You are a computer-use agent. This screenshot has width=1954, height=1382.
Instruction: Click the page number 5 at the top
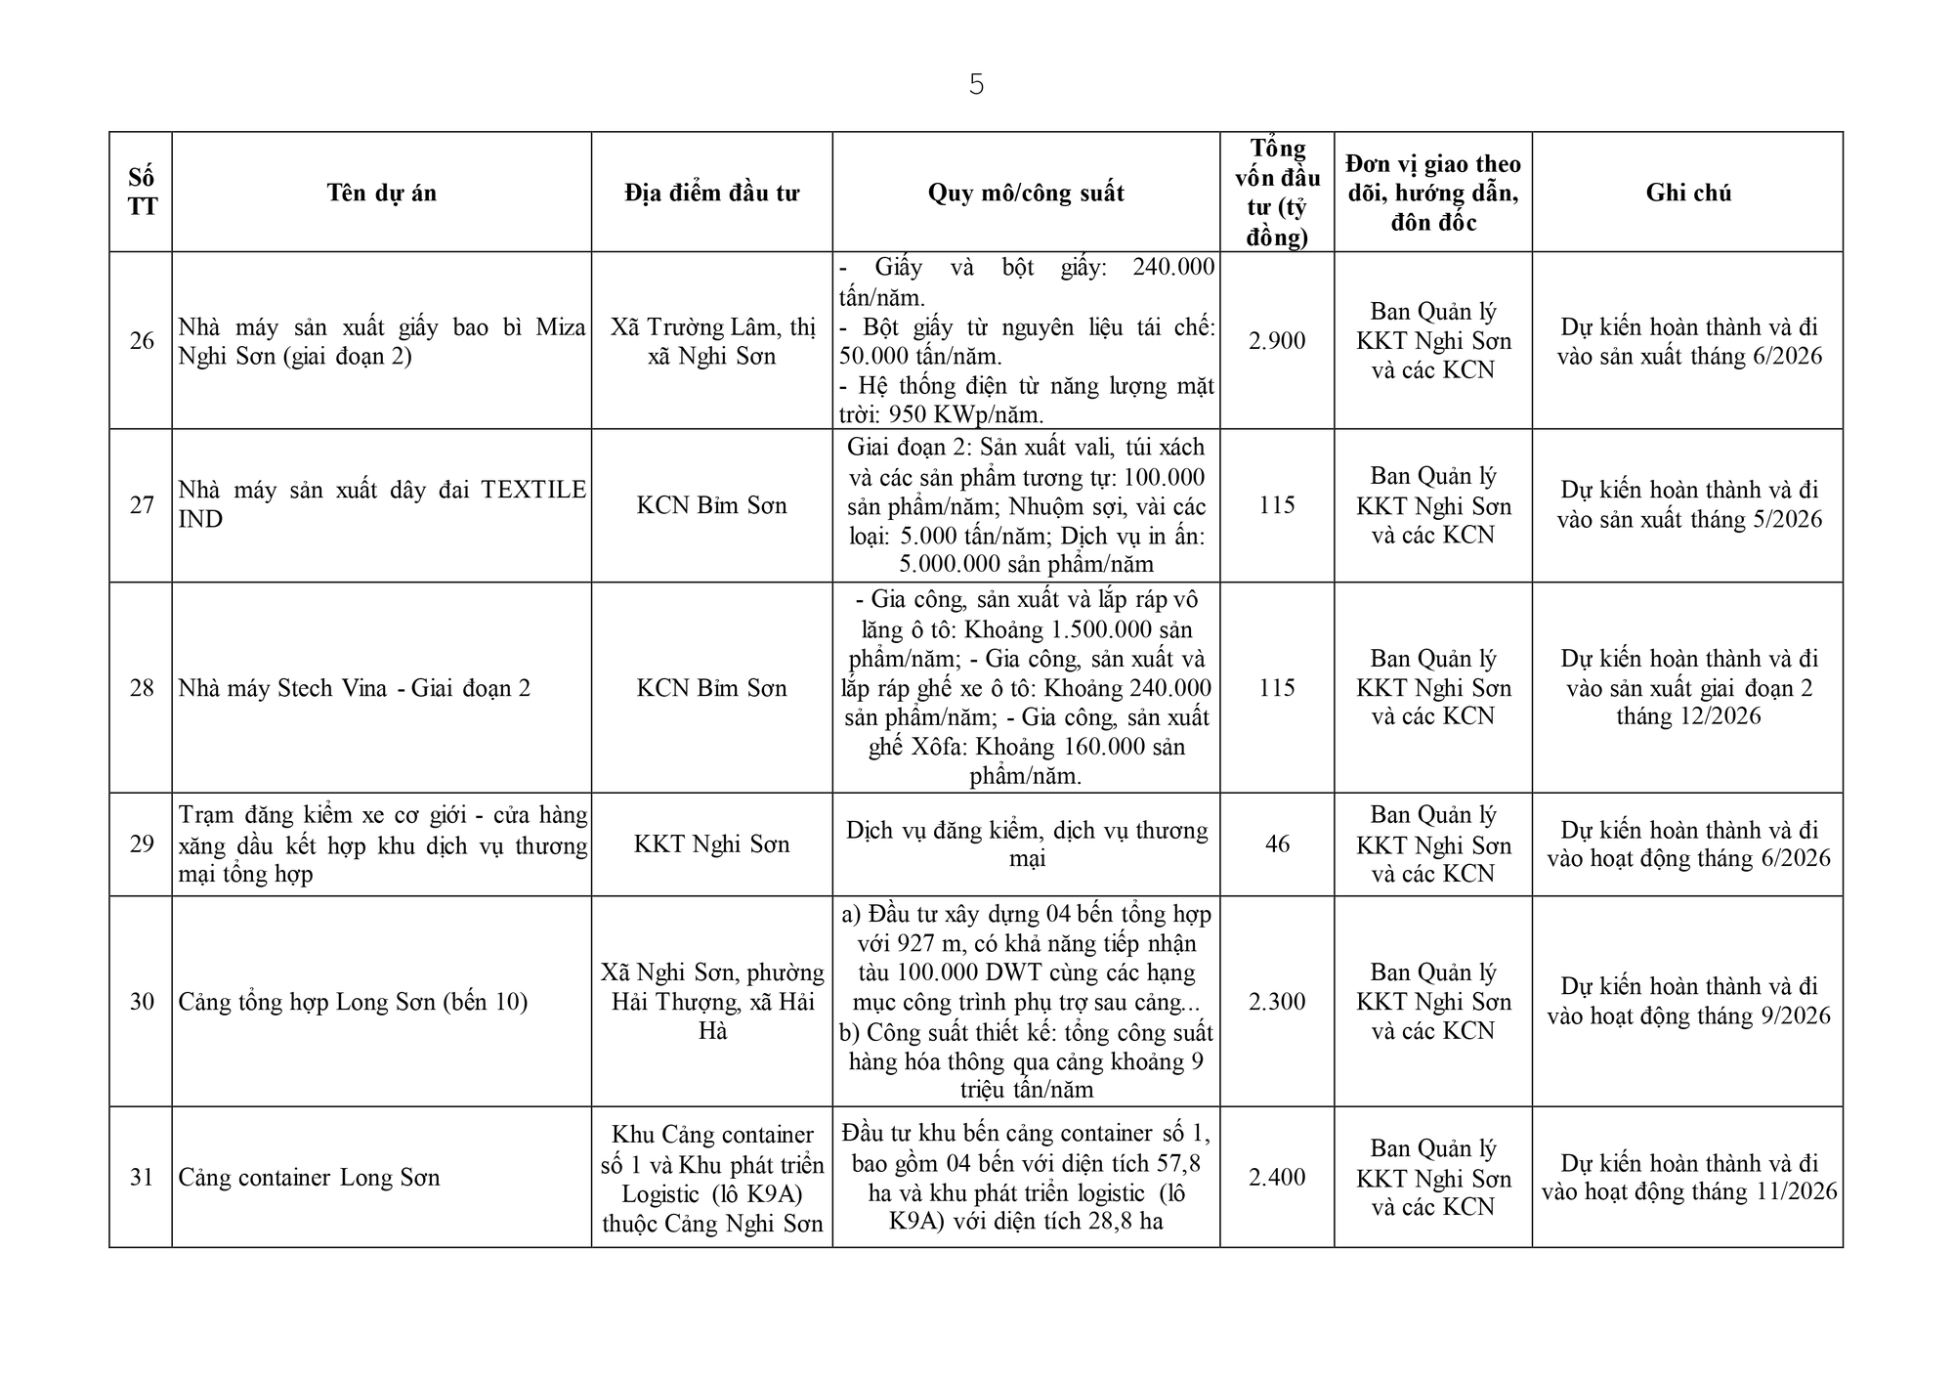pyautogui.click(x=976, y=86)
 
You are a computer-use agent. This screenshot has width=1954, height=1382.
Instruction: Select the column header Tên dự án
pyautogui.click(x=381, y=193)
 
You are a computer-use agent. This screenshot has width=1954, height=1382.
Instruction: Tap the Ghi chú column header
pyautogui.click(x=1687, y=193)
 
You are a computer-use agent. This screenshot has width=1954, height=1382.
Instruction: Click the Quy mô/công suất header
pyautogui.click(x=1025, y=193)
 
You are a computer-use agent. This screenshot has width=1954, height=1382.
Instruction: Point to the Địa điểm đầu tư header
pyautogui.click(x=711, y=193)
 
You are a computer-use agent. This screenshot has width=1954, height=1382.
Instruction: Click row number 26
pyautogui.click(x=142, y=340)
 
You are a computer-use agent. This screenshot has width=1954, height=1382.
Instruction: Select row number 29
pyautogui.click(x=142, y=843)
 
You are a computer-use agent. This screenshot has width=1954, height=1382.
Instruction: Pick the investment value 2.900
pyautogui.click(x=1277, y=340)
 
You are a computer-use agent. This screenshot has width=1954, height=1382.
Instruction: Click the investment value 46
pyautogui.click(x=1277, y=843)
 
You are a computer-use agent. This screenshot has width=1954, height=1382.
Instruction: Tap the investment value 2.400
pyautogui.click(x=1277, y=1177)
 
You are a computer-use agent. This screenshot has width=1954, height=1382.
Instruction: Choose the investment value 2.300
pyautogui.click(x=1277, y=1001)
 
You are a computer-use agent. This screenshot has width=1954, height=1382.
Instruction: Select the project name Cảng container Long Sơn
pyautogui.click(x=309, y=1177)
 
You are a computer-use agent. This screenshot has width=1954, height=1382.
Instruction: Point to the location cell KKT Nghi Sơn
pyautogui.click(x=711, y=843)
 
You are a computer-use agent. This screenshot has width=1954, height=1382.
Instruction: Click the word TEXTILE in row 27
pyautogui.click(x=533, y=490)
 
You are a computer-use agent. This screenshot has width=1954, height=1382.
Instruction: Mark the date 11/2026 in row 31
pyautogui.click(x=1797, y=1191)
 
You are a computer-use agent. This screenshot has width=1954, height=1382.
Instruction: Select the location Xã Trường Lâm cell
pyautogui.click(x=711, y=340)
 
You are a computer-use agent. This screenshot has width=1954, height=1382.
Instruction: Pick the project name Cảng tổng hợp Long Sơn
pyautogui.click(x=353, y=1002)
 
